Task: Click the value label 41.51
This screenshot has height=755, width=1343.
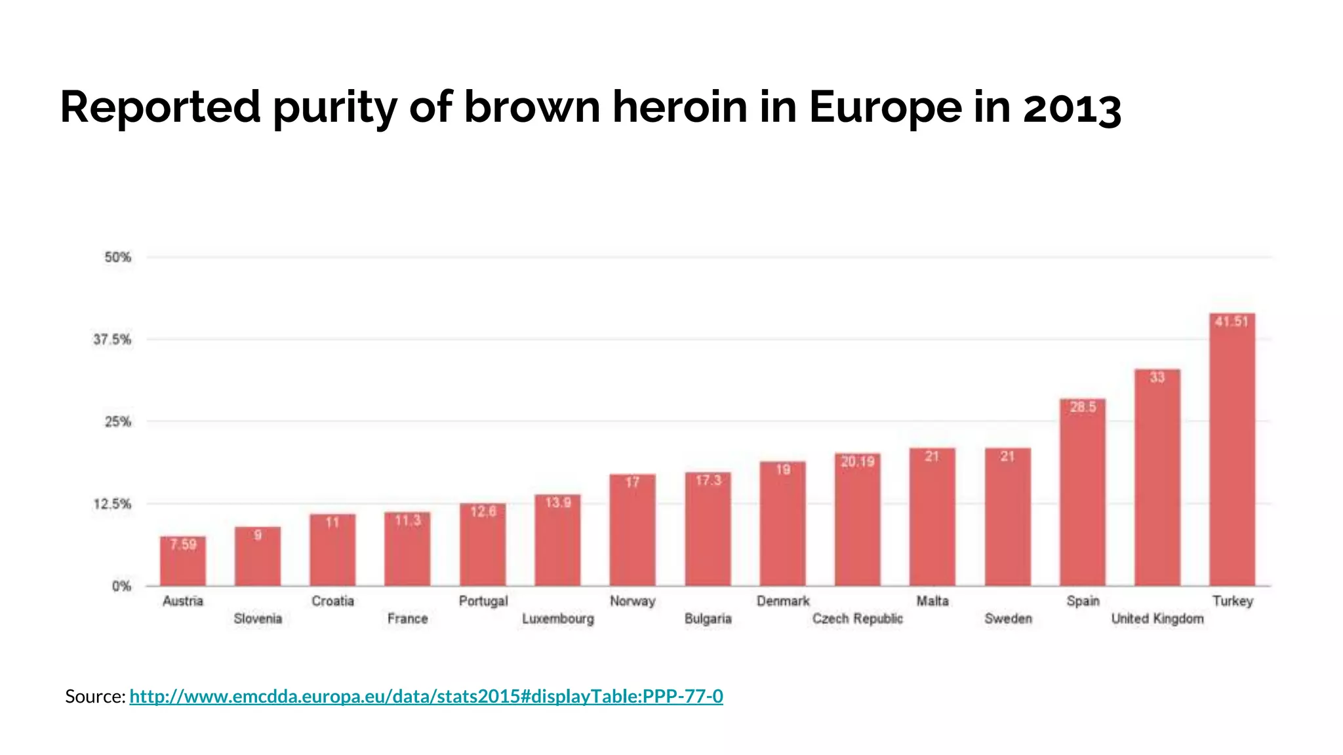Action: pos(1232,322)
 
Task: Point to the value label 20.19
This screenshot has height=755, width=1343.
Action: pos(858,462)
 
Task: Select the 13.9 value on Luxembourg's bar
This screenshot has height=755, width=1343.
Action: pos(558,503)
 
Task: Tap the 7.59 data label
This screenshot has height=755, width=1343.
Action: pos(183,545)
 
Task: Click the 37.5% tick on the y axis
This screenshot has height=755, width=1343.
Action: pos(112,339)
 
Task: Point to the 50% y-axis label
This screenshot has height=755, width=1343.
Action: pos(117,258)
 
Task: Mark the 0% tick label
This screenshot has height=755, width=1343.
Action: pos(121,587)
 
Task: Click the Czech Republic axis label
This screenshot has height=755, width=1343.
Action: pos(857,619)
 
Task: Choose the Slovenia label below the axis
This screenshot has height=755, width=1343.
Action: pos(258,619)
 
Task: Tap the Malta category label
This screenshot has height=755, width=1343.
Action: pos(932,601)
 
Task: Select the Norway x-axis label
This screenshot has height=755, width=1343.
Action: pos(632,601)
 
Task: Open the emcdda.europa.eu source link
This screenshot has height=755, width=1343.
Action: pos(426,696)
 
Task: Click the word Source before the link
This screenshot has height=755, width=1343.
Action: pos(94,696)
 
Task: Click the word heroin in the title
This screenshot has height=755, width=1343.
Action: pos(679,107)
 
